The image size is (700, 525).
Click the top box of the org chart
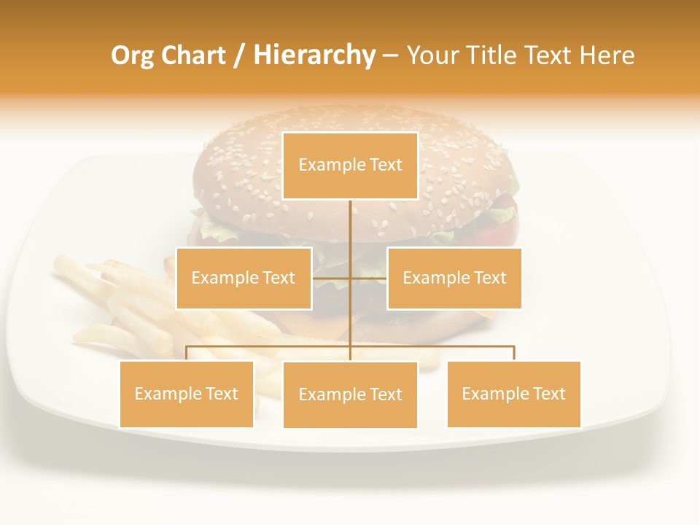[x=350, y=166]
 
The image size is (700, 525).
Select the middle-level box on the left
[x=244, y=278]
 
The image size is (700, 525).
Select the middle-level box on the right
[x=454, y=278]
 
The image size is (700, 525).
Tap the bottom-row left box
[x=187, y=394]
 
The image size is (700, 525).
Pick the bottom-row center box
[x=350, y=394]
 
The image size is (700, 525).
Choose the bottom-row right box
[x=513, y=394]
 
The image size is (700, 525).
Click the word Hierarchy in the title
[x=314, y=55]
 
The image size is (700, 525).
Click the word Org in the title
[x=132, y=55]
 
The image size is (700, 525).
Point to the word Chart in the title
[x=193, y=55]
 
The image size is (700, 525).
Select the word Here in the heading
[x=607, y=55]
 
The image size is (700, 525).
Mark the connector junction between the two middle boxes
[x=350, y=278]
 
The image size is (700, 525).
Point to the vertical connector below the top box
[x=350, y=222]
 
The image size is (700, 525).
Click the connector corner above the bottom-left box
[x=187, y=347]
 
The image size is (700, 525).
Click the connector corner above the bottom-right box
[x=513, y=347]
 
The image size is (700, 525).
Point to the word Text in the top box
[x=386, y=165]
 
